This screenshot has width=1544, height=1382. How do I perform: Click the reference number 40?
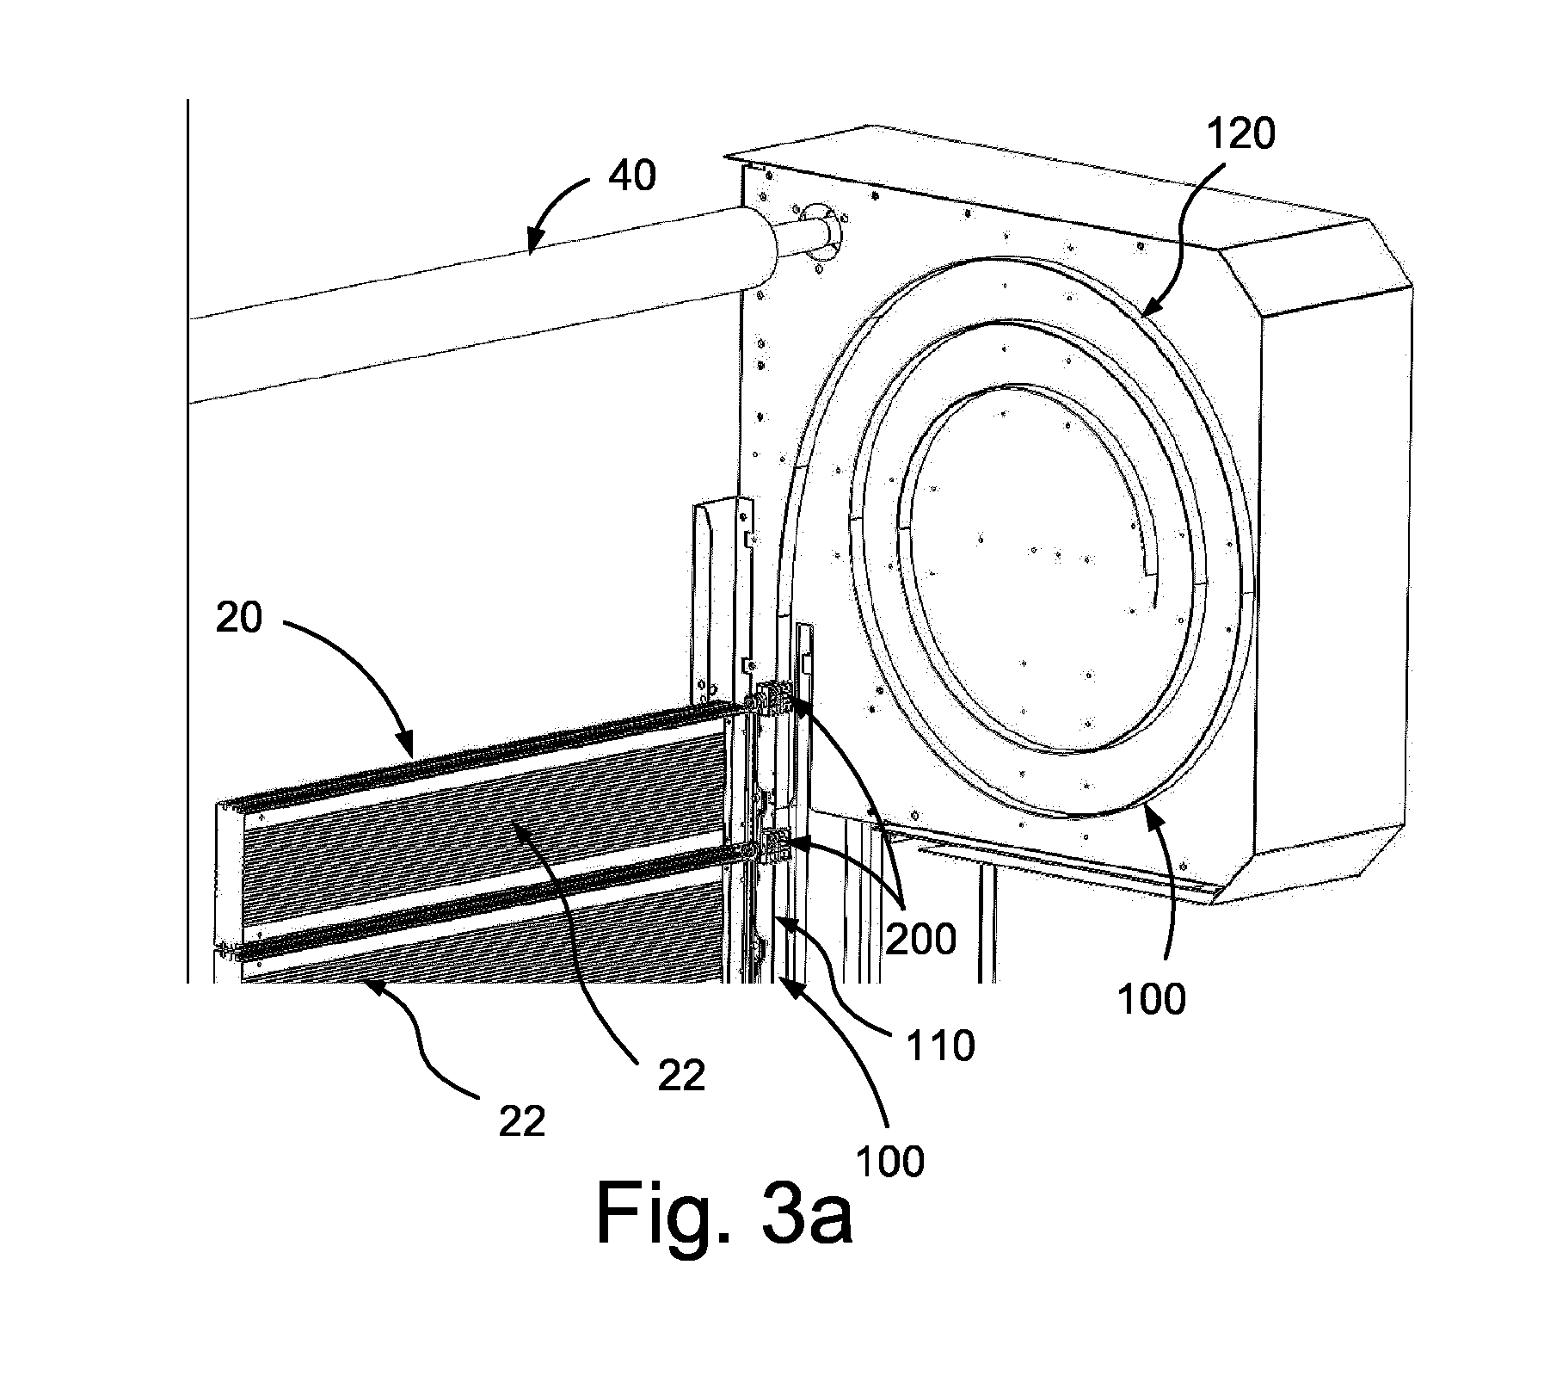[x=632, y=176]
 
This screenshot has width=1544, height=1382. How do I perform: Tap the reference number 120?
[x=1240, y=134]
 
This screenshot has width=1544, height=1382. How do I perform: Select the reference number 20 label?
[x=239, y=618]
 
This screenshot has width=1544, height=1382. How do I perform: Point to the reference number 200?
[x=920, y=939]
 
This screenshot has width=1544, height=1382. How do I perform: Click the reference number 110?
[x=941, y=1046]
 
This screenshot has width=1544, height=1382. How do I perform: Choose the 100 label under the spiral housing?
[x=1152, y=999]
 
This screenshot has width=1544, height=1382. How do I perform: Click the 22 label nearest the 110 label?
[x=681, y=1076]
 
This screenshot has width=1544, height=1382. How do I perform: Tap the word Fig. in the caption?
[x=661, y=1212]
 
